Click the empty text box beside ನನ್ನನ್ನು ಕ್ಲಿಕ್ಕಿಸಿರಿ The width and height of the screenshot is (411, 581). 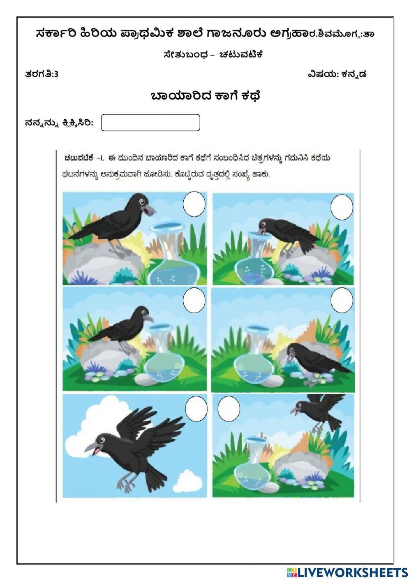tap(150, 123)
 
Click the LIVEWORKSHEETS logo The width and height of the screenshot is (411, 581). tap(347, 572)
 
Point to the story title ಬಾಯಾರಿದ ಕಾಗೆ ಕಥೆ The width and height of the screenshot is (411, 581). tap(205, 96)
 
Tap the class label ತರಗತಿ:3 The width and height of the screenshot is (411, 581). tap(42, 74)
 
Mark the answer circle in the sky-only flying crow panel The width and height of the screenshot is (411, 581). tap(196, 409)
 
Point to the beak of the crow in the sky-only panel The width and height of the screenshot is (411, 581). tap(91, 450)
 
